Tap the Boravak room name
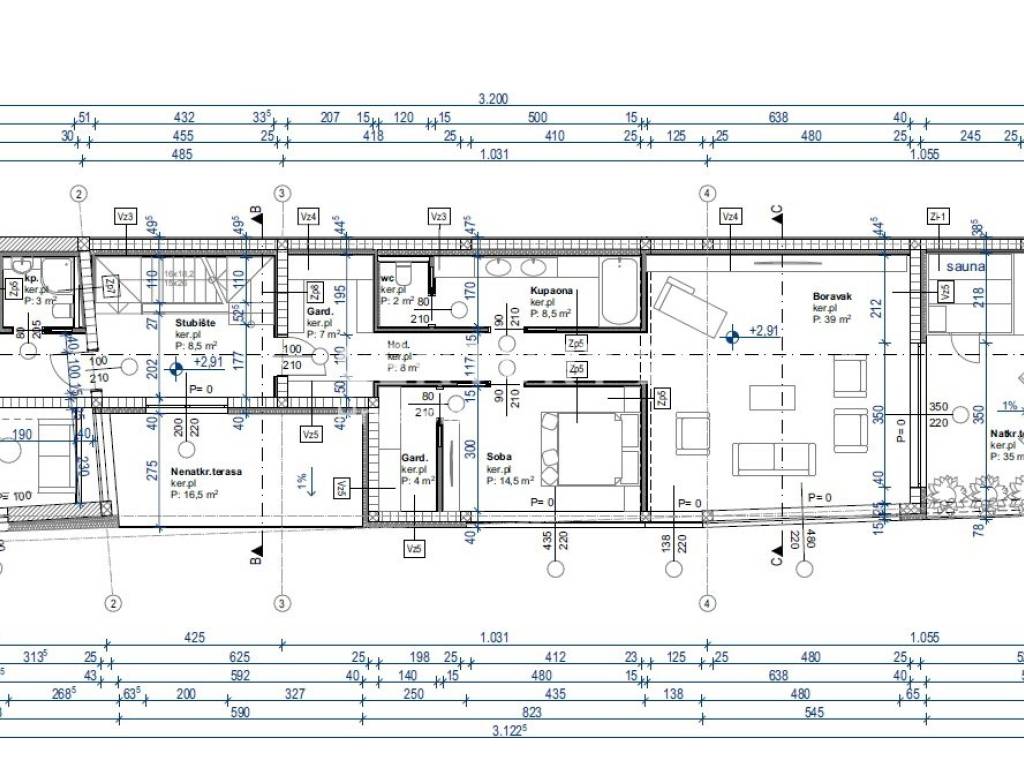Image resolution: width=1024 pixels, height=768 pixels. [831, 297]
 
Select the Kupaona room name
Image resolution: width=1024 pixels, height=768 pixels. [551, 291]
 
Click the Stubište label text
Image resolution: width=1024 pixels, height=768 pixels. [196, 323]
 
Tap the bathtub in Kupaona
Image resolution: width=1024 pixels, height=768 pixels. [618, 290]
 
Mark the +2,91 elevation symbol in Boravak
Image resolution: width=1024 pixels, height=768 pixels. [733, 337]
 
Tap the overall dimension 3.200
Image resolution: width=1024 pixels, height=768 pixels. [494, 99]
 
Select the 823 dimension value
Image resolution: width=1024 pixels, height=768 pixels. [532, 712]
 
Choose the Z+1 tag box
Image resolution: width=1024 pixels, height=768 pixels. [938, 216]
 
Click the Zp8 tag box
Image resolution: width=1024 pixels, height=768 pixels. [314, 291]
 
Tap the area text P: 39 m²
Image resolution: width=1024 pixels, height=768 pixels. [832, 320]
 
